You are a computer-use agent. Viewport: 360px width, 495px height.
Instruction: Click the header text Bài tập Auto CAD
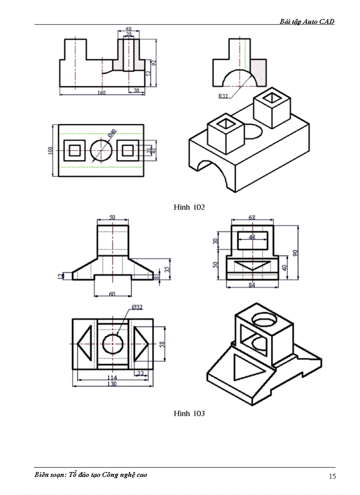[x=307, y=21]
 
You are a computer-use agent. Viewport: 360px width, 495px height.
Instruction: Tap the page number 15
[x=332, y=476]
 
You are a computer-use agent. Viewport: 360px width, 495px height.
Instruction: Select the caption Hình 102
[x=189, y=207]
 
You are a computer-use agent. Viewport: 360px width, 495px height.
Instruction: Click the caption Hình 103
[x=189, y=413]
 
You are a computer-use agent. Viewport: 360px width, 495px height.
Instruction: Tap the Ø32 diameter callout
[x=137, y=307]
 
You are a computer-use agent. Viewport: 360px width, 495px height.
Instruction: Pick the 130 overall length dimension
[x=112, y=384]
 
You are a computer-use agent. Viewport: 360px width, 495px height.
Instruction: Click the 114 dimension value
[x=112, y=377]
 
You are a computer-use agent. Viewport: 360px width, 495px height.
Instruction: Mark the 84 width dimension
[x=252, y=285]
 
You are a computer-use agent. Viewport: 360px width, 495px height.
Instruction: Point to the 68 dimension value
[x=252, y=217]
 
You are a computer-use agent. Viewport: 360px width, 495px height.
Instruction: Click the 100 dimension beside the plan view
[x=50, y=150]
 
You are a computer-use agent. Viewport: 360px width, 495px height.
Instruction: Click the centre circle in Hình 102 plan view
[x=101, y=150]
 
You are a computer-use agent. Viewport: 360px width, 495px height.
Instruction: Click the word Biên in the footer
[x=43, y=475]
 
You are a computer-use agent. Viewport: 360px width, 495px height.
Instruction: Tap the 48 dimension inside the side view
[x=252, y=237]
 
